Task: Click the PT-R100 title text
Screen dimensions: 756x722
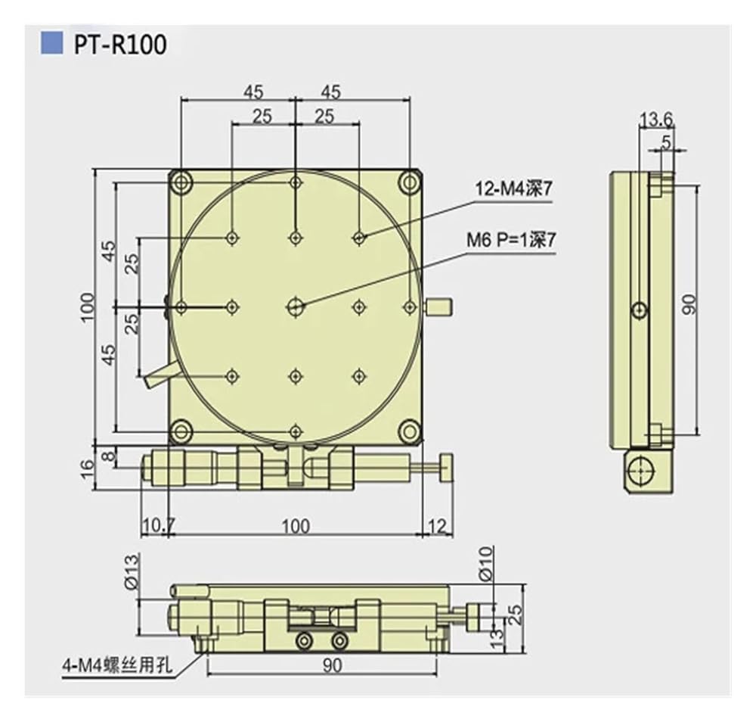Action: coord(120,45)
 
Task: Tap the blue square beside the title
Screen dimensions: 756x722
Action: coord(51,43)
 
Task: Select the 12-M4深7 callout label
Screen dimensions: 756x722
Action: coord(513,189)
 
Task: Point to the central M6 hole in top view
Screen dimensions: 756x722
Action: coord(296,307)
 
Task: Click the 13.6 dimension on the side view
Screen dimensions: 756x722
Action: coord(655,119)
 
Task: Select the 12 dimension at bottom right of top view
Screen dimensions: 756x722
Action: coord(437,525)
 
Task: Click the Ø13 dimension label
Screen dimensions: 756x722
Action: coord(131,572)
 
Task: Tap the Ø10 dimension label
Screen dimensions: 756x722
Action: coord(486,563)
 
